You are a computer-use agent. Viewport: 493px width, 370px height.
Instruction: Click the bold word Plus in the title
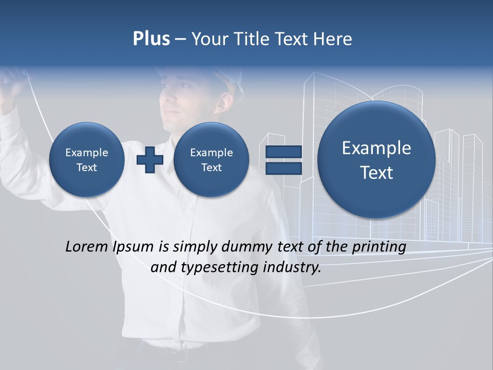tap(151, 39)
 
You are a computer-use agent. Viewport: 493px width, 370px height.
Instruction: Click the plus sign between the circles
tap(150, 160)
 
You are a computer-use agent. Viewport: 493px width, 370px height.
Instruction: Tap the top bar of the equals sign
tap(283, 152)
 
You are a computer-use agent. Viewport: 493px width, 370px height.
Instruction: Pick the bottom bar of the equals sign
tap(283, 169)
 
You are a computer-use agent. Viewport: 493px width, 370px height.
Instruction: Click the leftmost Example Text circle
tap(87, 160)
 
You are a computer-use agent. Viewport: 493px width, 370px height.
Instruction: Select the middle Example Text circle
tap(211, 160)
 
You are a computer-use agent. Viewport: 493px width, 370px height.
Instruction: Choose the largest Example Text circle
tap(376, 160)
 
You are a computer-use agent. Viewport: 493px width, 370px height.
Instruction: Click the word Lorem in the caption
tap(87, 247)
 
